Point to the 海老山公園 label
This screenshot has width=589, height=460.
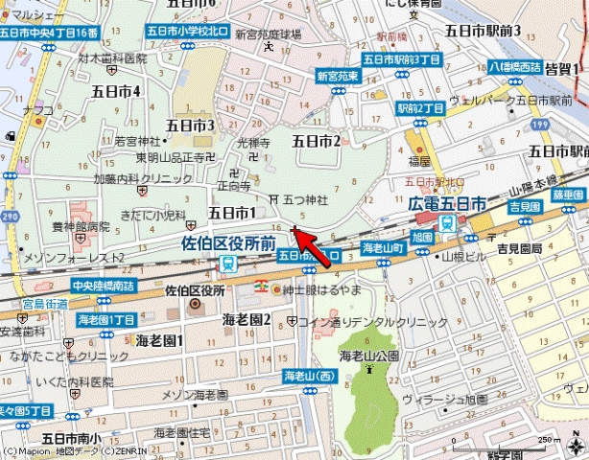click(x=368, y=356)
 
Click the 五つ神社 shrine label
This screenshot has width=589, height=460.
click(x=304, y=199)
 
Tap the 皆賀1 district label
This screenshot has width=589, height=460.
click(x=563, y=69)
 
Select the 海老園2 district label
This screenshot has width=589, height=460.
click(x=247, y=318)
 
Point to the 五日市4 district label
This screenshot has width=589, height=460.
click(x=116, y=91)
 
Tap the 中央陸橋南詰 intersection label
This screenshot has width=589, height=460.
click(x=105, y=286)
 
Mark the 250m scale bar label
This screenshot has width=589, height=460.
click(x=548, y=439)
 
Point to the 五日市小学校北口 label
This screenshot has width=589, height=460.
click(x=189, y=32)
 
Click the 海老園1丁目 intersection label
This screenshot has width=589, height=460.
click(x=106, y=318)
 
